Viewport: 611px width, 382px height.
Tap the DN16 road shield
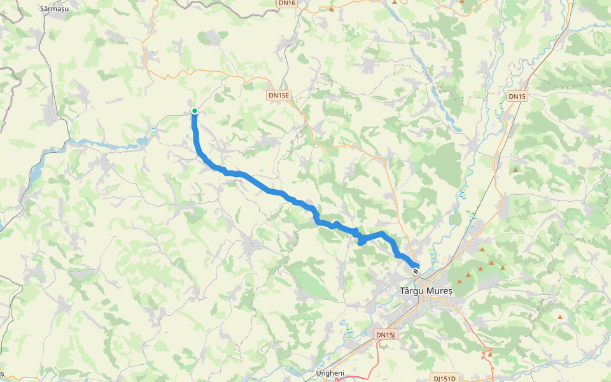coord(287,3)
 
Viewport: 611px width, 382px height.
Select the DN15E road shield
coord(279,95)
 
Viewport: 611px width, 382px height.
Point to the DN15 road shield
coord(517,96)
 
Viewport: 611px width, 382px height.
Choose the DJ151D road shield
coord(446,378)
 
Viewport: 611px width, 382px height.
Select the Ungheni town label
coord(330,373)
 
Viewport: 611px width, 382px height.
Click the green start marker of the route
coord(195,111)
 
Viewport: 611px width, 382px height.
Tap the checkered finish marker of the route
coord(416,271)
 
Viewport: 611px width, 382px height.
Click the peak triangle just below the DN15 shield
coord(515,170)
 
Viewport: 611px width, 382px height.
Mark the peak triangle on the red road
coord(489,353)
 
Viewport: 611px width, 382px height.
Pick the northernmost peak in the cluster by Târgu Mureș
coord(482,250)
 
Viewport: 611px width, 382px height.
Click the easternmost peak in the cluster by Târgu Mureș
coord(502,267)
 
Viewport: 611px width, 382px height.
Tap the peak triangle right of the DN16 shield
coord(331,9)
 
